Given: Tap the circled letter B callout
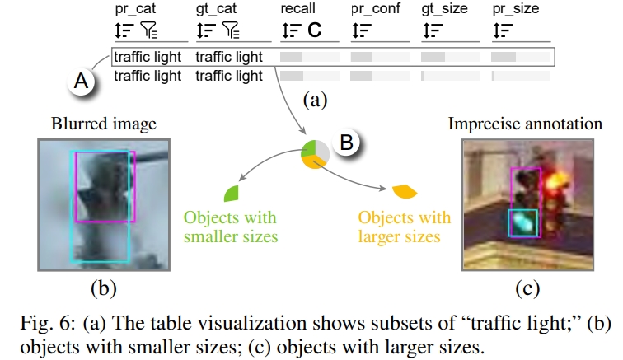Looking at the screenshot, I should point(347,143).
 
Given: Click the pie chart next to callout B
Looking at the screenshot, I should point(315,156).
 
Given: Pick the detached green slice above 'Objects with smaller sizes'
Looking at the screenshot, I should point(232,194).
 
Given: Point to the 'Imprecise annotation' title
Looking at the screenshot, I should point(525,125).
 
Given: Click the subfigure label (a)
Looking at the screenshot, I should point(314,101).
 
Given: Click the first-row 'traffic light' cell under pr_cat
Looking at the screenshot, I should point(148,58).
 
